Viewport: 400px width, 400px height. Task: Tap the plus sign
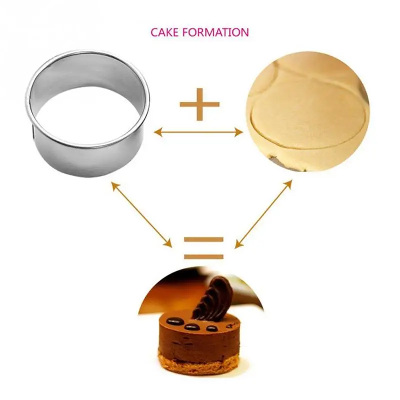point(199,104)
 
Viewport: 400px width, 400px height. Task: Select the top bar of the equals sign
point(203,239)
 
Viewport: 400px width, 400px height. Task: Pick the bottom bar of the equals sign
point(203,256)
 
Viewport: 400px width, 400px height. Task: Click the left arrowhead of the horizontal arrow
point(158,132)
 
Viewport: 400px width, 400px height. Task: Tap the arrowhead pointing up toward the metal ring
point(114,185)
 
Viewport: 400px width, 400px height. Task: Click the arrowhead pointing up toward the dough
point(288,183)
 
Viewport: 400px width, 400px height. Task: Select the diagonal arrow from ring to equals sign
point(141,214)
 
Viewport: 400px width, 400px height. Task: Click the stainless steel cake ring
point(87,113)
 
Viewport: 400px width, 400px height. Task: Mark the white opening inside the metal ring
point(86,117)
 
